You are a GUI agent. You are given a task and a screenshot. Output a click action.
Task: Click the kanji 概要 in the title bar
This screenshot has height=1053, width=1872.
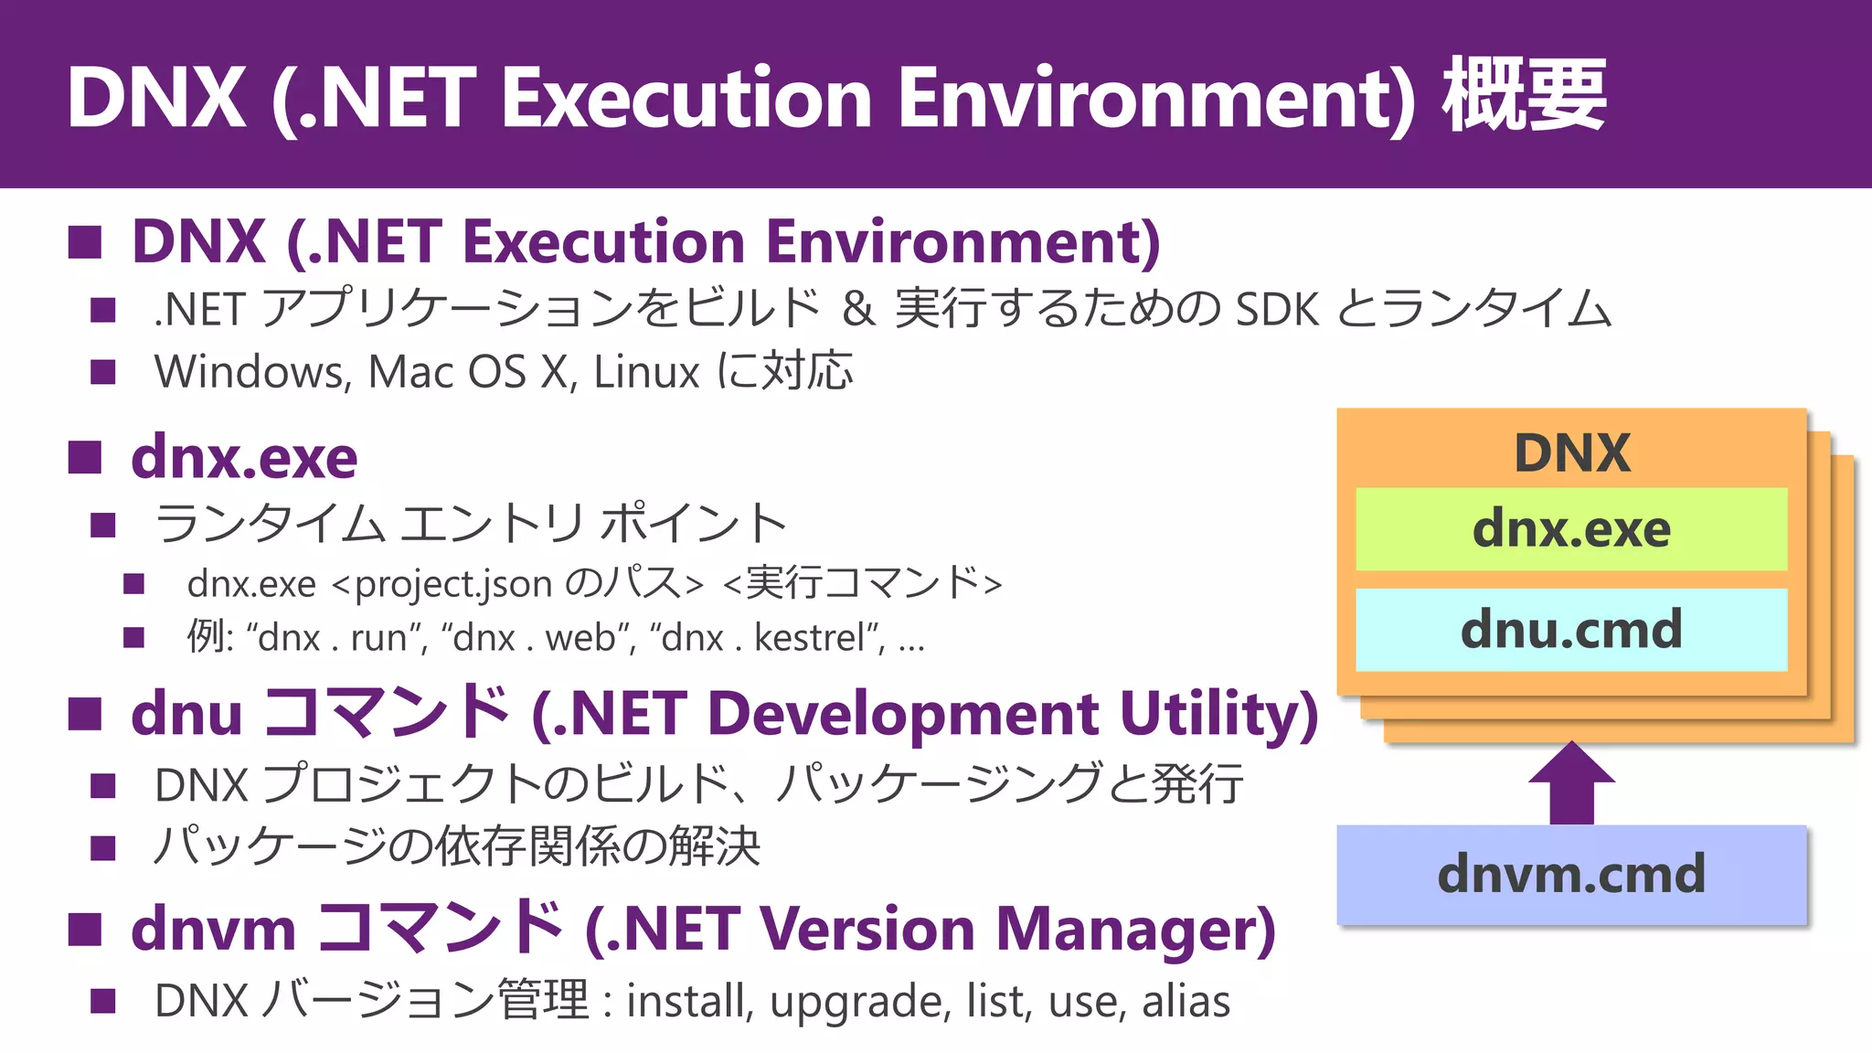1524,96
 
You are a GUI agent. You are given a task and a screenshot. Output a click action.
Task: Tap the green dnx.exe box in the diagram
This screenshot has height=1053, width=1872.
1571,529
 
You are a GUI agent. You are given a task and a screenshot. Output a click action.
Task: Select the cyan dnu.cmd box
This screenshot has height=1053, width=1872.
1571,630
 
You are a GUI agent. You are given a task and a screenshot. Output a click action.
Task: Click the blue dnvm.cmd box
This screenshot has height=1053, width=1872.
1571,875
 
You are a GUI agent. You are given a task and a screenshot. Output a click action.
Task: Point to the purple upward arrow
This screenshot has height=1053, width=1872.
1571,783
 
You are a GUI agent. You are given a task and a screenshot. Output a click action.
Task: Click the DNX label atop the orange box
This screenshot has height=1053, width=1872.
1571,452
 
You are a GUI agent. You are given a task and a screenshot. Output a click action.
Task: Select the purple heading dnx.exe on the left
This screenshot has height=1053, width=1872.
244,458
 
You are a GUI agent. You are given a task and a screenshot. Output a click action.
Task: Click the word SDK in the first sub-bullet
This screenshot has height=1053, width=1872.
1277,310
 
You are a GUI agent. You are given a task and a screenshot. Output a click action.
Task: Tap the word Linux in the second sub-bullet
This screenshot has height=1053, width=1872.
646,373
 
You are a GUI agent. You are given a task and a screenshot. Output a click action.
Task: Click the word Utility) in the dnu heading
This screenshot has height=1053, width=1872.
1218,714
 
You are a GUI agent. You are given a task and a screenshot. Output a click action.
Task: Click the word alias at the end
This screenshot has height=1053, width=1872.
1186,1001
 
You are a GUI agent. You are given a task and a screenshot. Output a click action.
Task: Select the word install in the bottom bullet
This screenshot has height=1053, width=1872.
689,1001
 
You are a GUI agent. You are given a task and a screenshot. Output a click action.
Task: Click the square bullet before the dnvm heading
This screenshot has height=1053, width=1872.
85,930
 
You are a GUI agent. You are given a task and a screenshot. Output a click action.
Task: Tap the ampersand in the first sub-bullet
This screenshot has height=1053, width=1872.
857,310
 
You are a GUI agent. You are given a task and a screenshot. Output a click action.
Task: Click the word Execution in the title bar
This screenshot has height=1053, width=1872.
686,98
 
